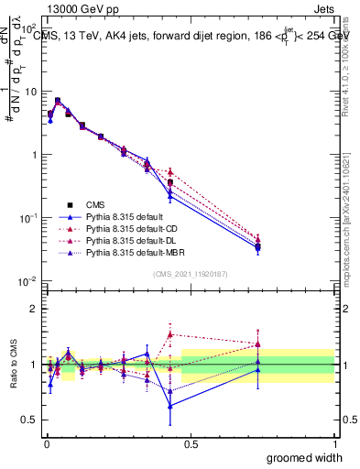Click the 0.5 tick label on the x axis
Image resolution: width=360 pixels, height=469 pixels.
pos(190,444)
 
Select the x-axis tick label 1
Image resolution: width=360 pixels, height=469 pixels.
pos(335,444)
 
